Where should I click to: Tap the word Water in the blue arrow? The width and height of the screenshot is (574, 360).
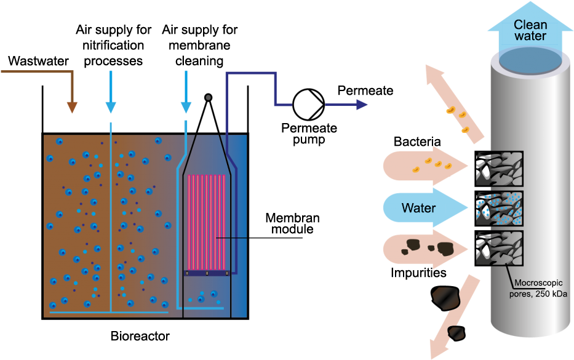pos(418,208)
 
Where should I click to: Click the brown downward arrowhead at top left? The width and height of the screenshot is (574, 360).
pos(72,108)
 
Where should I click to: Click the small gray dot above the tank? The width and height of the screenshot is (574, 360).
pos(208,97)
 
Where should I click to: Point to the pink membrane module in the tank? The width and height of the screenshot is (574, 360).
pos(207,222)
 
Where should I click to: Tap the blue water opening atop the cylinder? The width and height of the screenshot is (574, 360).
pos(530,60)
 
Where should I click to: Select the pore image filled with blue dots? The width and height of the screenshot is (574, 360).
pos(500,209)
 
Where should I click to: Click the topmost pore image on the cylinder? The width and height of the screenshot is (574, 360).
pos(500,169)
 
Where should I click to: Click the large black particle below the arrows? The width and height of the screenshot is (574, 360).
pos(446,298)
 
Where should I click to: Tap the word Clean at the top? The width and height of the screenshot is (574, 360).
pos(530,25)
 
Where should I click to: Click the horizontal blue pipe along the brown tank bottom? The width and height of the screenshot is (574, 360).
pos(108,313)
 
